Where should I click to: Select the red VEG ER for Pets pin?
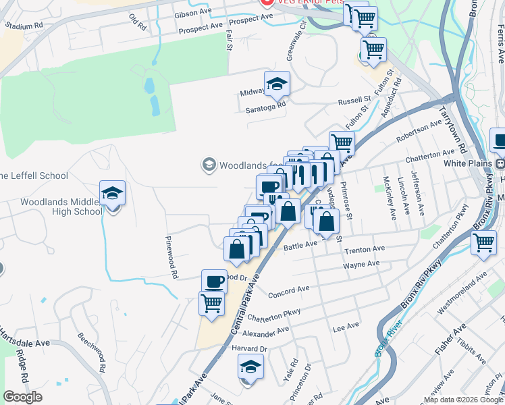point(265,2)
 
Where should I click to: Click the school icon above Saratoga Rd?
point(276,84)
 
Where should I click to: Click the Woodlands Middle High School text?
point(61,207)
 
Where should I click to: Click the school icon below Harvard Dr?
point(250,367)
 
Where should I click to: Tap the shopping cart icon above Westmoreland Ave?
point(484,242)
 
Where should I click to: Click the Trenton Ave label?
point(365,250)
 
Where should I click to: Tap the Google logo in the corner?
point(23,396)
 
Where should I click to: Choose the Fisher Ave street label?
point(450,339)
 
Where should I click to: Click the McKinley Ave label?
point(389,198)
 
